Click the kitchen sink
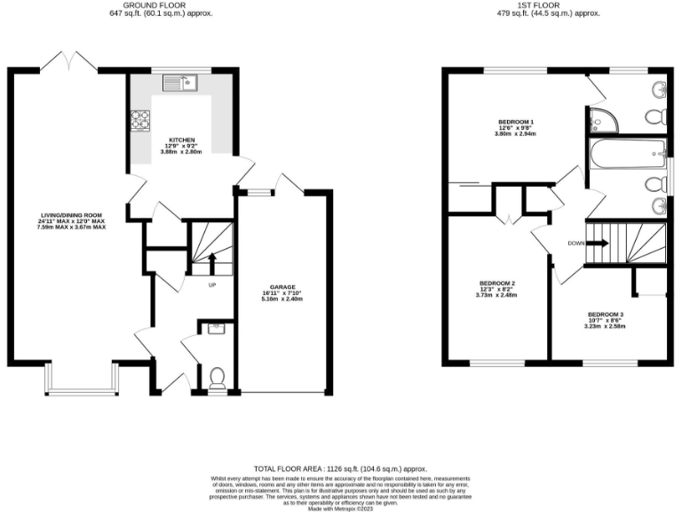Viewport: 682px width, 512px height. [x=183, y=83]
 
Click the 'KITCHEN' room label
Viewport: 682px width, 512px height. [x=182, y=140]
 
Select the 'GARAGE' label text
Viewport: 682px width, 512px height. [x=282, y=286]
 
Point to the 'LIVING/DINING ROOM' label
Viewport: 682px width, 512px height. [x=72, y=214]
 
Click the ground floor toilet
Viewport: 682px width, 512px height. [x=217, y=380]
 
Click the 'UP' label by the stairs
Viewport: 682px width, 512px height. [x=211, y=284]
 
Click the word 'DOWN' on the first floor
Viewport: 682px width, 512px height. [x=575, y=242]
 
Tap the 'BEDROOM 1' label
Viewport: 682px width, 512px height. [x=516, y=121]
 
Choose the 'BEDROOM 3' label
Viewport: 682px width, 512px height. [x=605, y=315]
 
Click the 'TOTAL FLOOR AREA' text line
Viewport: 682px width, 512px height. [x=341, y=468]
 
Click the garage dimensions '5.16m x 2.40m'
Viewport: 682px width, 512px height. [x=282, y=299]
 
